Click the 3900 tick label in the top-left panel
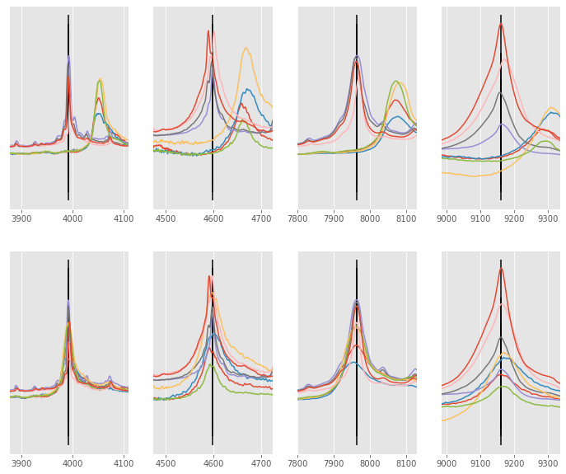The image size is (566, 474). coord(21,218)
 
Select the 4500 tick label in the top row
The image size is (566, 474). coord(166,218)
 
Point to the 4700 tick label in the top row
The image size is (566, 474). coord(261,218)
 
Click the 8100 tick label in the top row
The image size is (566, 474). coord(406,218)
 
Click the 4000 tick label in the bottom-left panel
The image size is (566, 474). coord(73,463)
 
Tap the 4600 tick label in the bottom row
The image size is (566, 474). coord(213,463)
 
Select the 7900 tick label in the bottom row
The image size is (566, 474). coord(334,463)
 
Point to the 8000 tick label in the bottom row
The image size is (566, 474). coord(370,463)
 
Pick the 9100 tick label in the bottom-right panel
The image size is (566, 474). coord(480,463)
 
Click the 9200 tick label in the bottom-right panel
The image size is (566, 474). coord(514,463)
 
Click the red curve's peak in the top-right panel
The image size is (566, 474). coord(500,24)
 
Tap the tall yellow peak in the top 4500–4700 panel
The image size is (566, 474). coord(246,48)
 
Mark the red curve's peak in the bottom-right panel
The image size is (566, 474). coord(500,268)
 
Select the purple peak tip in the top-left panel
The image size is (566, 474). coord(69,56)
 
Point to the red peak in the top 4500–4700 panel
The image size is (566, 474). coord(208,31)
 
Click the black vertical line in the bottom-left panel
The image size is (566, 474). coord(68,354)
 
